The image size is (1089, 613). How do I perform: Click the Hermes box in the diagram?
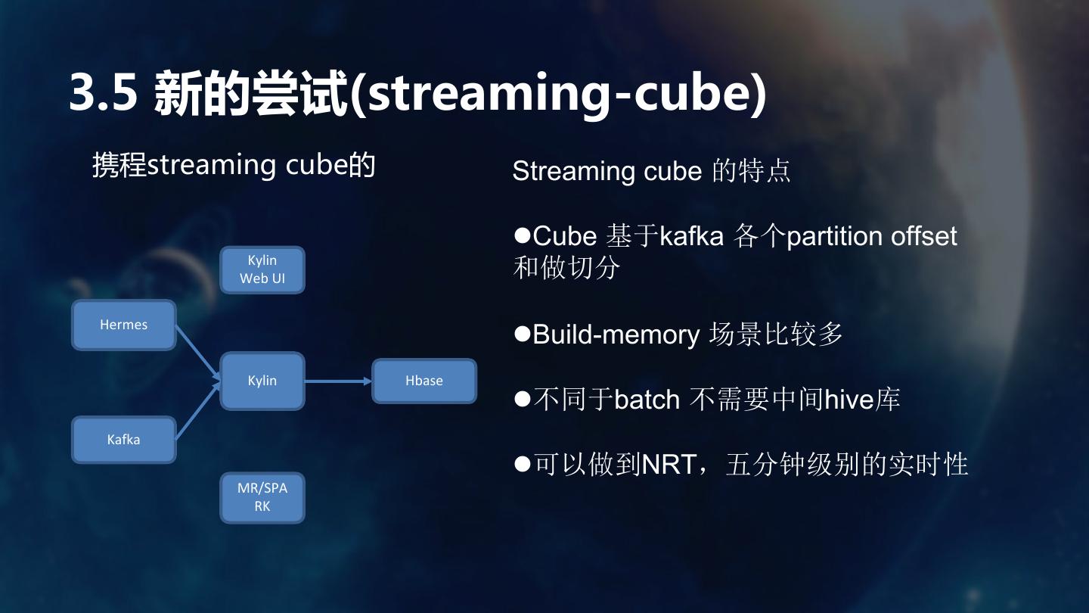(124, 325)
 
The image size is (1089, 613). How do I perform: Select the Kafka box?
(124, 440)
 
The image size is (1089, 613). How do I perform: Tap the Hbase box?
(424, 381)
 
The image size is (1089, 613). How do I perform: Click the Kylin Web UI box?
(262, 269)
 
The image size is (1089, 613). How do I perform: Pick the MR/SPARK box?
(262, 497)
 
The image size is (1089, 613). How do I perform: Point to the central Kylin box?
(262, 381)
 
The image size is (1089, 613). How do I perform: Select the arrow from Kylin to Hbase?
(338, 381)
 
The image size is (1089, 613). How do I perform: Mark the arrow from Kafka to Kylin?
(198, 411)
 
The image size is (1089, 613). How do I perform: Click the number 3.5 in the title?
(103, 93)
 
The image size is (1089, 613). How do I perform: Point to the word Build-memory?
(616, 335)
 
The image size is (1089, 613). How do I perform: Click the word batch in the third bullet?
(647, 400)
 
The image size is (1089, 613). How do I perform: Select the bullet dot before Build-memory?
(522, 333)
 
